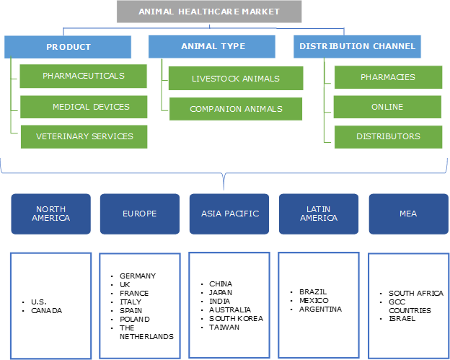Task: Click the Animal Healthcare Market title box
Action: (209, 12)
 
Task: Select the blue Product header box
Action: (68, 47)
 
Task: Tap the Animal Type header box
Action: (212, 46)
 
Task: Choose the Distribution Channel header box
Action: (357, 46)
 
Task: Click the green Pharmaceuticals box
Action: (83, 76)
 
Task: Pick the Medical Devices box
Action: (83, 107)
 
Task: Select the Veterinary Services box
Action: (84, 136)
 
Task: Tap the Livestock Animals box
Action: (235, 79)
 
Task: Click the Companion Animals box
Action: (235, 109)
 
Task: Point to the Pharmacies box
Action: (387, 77)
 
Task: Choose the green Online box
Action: (387, 107)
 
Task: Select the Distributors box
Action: (387, 136)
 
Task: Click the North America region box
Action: (50, 214)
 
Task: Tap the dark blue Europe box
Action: (139, 214)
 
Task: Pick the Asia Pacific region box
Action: (229, 214)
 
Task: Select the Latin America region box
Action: (318, 214)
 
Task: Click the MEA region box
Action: (407, 214)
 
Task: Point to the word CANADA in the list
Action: (46, 310)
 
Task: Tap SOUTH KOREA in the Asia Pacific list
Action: (236, 318)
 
